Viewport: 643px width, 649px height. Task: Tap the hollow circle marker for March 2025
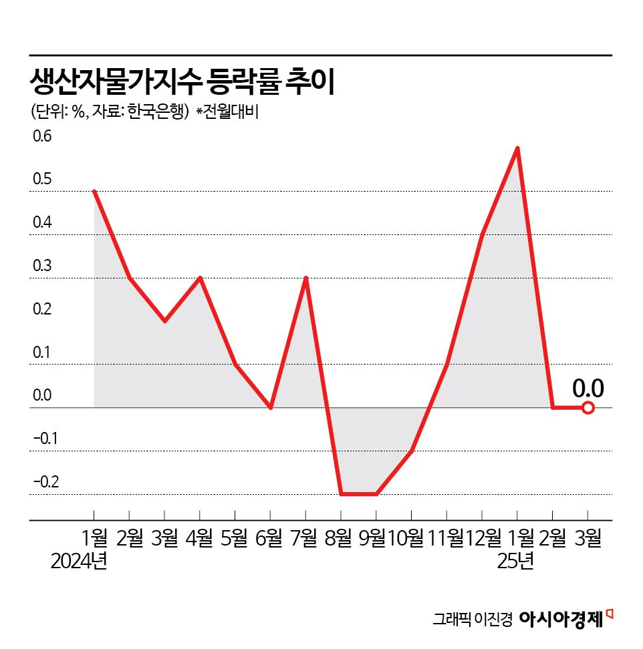click(x=588, y=407)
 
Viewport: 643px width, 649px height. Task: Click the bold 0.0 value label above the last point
click(x=588, y=388)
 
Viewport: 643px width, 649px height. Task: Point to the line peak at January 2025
click(x=517, y=148)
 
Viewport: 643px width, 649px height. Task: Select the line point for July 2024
click(x=305, y=278)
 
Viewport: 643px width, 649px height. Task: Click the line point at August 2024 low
click(x=341, y=494)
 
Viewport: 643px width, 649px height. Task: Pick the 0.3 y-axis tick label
click(x=42, y=266)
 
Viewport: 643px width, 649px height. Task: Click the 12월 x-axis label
click(x=484, y=537)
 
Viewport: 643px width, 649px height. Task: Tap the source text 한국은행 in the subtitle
click(x=158, y=112)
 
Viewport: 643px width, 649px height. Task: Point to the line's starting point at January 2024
click(x=94, y=192)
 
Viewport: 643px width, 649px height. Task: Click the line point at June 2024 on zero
click(x=270, y=407)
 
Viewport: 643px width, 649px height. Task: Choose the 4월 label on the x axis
click(x=199, y=537)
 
